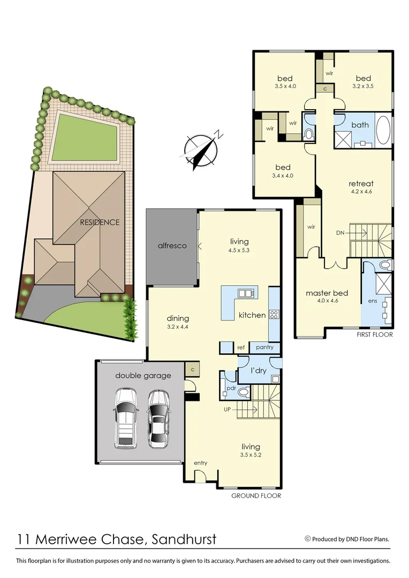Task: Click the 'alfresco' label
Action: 172,246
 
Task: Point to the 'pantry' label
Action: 264,347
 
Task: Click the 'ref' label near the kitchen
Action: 241,348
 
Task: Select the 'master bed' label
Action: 327,293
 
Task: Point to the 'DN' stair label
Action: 340,233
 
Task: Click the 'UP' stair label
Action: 228,409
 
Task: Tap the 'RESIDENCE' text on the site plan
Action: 100,222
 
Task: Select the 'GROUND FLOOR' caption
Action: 256,496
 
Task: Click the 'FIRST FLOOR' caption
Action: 374,334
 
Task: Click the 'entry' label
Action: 200,463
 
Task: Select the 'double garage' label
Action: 143,376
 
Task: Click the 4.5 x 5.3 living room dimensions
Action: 239,250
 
